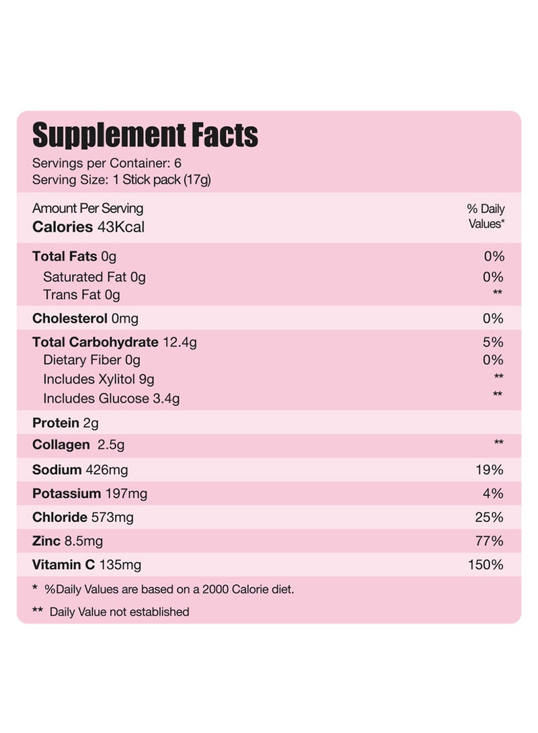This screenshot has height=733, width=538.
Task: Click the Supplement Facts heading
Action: tap(145, 135)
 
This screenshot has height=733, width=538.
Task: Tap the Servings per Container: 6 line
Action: tap(107, 163)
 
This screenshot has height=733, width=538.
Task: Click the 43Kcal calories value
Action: tap(121, 226)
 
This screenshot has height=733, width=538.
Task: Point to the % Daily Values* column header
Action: tap(486, 216)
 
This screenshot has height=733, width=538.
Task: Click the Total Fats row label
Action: tap(74, 256)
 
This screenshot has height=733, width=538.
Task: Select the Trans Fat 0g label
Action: tap(81, 294)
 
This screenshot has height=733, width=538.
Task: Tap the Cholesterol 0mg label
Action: tap(85, 318)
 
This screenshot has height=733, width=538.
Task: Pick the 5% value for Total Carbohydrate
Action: tap(493, 342)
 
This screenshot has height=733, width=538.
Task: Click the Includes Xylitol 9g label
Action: tap(98, 379)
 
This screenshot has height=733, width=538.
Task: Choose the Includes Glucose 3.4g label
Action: tap(111, 398)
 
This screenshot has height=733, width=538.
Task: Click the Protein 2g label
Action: tap(65, 423)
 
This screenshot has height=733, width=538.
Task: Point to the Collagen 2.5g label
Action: tap(78, 445)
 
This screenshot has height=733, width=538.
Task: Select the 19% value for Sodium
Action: tap(489, 470)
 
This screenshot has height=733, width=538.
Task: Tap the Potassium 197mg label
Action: tap(89, 494)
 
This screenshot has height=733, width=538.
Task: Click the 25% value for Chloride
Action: tap(489, 517)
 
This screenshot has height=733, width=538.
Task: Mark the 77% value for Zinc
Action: tap(489, 541)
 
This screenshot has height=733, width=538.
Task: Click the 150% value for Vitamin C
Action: tap(486, 564)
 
